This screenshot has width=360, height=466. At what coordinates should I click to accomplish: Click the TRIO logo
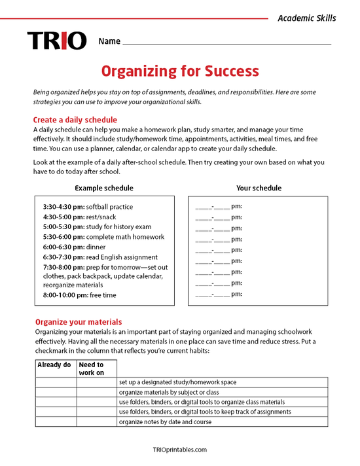(56, 41)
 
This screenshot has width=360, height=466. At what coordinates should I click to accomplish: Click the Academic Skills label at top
(306, 18)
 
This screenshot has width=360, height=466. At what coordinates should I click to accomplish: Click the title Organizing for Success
(179, 71)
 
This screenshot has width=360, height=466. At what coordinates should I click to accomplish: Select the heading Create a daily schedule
(75, 120)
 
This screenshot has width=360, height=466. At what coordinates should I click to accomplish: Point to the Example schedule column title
(103, 188)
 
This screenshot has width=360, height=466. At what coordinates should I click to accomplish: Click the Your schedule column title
(259, 188)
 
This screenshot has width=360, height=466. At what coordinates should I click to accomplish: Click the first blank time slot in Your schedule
(219, 207)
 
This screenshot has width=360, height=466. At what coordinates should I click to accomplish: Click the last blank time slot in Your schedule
(219, 295)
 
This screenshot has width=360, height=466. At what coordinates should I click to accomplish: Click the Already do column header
(54, 365)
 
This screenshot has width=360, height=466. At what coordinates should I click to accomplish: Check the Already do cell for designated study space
(56, 382)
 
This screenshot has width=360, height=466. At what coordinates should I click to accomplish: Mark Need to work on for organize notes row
(97, 422)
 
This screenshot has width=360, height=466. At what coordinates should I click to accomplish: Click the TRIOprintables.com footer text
(179, 450)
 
